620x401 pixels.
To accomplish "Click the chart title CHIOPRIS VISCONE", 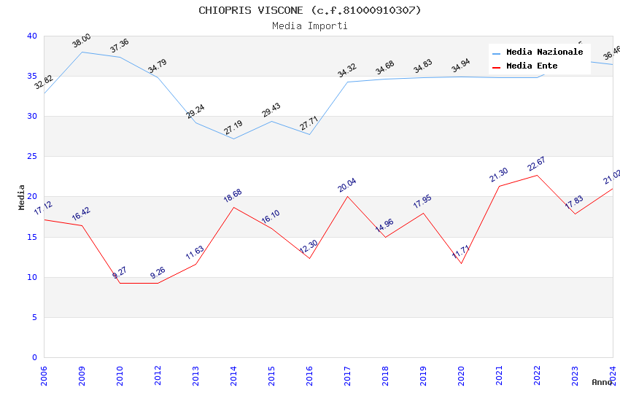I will coord(310,10).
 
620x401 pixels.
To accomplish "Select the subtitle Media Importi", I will coord(310,26).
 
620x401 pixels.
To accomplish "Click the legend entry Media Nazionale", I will coord(544,52).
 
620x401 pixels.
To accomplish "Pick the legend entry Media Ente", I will coord(532,66).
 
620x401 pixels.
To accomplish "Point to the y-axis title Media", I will coord(22,197).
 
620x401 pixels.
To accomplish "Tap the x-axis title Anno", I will coord(602,382).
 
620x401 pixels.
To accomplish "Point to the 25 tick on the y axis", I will coord(32,157).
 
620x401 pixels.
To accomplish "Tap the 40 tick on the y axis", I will coord(32,36).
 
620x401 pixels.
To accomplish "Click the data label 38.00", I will coord(82,41).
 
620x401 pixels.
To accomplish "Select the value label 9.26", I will coord(158,273).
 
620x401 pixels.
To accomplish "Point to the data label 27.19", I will coord(233,128).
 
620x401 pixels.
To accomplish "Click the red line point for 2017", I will coord(347,197).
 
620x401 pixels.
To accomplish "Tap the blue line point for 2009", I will coord(82,52).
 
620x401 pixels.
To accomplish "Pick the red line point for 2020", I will coord(461,263).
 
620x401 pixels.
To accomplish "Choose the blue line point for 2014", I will coord(233,139).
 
